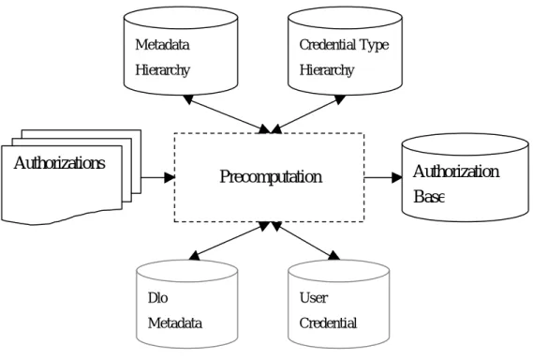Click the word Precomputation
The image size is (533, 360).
(271, 177)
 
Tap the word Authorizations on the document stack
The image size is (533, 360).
(60, 163)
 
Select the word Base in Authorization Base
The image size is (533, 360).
(429, 197)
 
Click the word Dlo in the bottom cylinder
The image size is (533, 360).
(158, 298)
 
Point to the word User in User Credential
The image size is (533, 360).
(314, 298)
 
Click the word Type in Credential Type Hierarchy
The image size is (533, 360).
(374, 46)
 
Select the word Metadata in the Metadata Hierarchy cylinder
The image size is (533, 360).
(162, 45)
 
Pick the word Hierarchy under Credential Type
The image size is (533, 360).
(327, 70)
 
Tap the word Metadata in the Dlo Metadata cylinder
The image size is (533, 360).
(175, 323)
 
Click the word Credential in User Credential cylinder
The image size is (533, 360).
(328, 323)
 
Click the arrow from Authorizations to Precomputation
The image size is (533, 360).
(158, 177)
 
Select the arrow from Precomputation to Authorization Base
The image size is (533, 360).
(383, 177)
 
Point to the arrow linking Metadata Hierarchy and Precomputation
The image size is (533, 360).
(228, 114)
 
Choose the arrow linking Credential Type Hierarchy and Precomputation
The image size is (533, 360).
(308, 114)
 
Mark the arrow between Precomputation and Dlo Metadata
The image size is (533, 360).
(230, 241)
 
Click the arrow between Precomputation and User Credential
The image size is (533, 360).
(305, 241)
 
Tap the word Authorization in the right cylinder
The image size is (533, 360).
(456, 172)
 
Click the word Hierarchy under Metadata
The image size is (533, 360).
(162, 70)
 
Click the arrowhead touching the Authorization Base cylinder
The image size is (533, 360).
(397, 177)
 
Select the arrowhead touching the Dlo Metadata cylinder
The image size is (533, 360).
(195, 256)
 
